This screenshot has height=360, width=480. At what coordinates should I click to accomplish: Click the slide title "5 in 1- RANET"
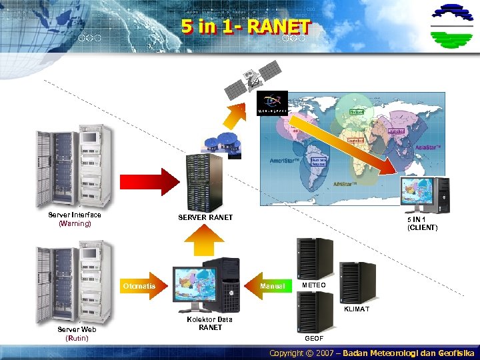(245, 27)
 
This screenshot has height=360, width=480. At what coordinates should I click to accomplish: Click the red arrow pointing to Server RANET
(146, 182)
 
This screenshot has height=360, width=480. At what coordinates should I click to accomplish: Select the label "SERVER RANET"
(205, 217)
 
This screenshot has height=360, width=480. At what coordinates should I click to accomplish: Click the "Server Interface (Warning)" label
(75, 219)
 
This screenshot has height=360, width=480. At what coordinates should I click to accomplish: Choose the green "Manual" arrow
(271, 286)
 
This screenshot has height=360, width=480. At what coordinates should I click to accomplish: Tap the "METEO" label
(314, 285)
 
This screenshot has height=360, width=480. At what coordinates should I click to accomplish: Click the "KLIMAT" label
(356, 309)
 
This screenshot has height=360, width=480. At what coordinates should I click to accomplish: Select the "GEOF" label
(314, 339)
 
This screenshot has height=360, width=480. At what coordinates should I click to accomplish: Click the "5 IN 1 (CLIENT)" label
(422, 223)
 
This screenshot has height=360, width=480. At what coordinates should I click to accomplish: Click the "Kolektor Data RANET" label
(211, 323)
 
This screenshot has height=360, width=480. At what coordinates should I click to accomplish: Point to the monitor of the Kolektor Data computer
(196, 285)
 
